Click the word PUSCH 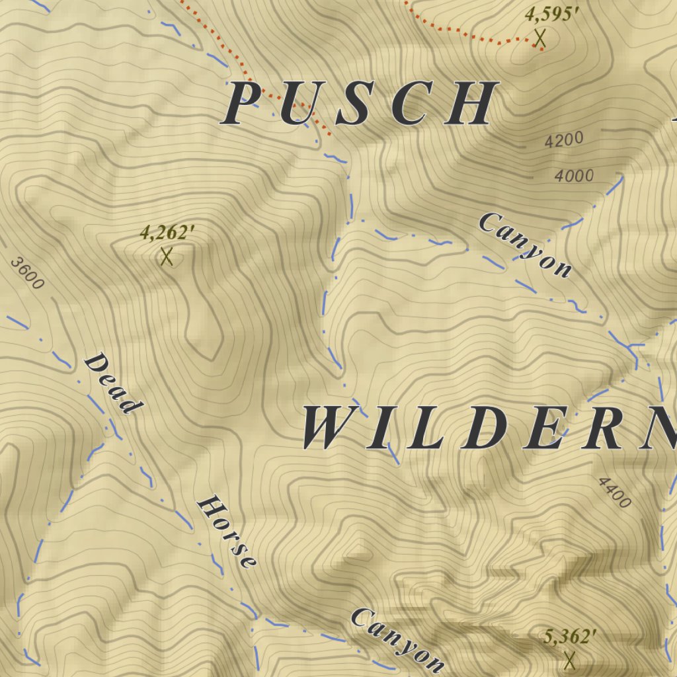click(x=360, y=104)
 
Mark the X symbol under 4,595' click(x=540, y=38)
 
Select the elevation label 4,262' click(x=167, y=233)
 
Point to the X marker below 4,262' click(x=167, y=257)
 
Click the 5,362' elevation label click(x=570, y=637)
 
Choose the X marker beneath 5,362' click(x=569, y=659)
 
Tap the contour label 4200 click(x=564, y=140)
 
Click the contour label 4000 click(x=574, y=176)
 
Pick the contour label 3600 click(x=28, y=274)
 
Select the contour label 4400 click(x=614, y=493)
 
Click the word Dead click(x=112, y=383)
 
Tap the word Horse click(x=227, y=532)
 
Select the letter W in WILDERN click(x=331, y=428)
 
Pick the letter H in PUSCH click(x=468, y=104)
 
